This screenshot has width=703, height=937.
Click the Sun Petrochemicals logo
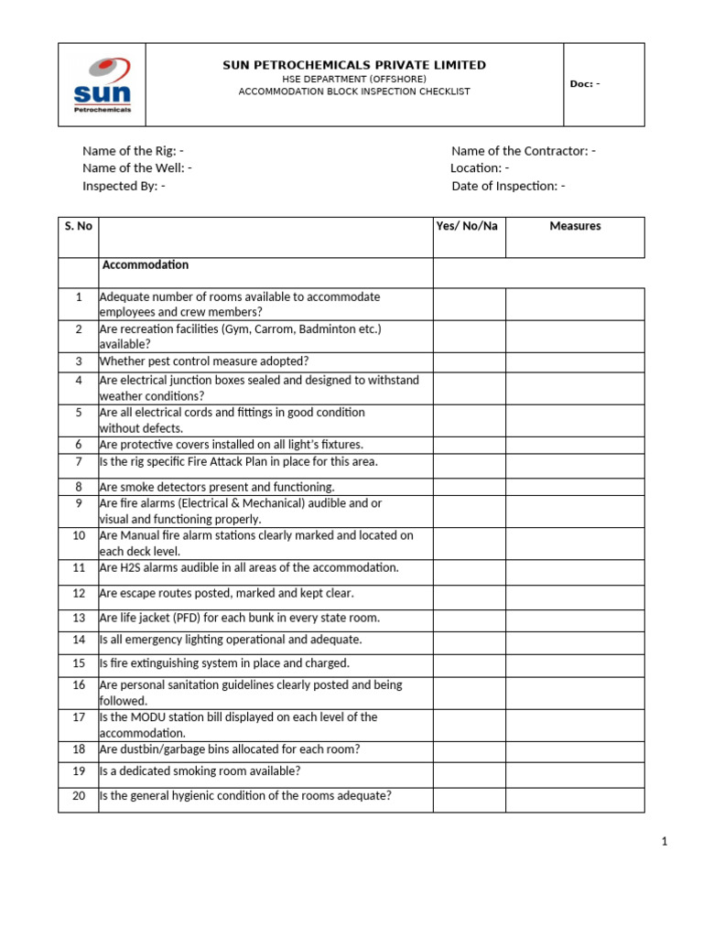click(102, 85)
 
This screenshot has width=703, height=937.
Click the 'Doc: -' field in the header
click(585, 84)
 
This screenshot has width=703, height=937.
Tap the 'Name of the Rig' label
click(133, 151)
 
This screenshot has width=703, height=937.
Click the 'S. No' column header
click(79, 226)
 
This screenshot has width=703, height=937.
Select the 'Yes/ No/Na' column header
click(468, 226)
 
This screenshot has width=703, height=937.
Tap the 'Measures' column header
click(575, 226)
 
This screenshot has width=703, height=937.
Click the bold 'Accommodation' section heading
click(146, 265)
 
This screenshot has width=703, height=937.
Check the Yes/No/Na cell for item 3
click(469, 361)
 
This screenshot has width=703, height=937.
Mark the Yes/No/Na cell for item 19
click(469, 771)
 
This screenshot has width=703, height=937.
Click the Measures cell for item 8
click(575, 487)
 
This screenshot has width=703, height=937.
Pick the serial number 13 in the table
click(79, 618)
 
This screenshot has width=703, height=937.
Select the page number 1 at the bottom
click(665, 842)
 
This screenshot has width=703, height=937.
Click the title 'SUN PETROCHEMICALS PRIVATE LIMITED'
click(354, 65)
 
